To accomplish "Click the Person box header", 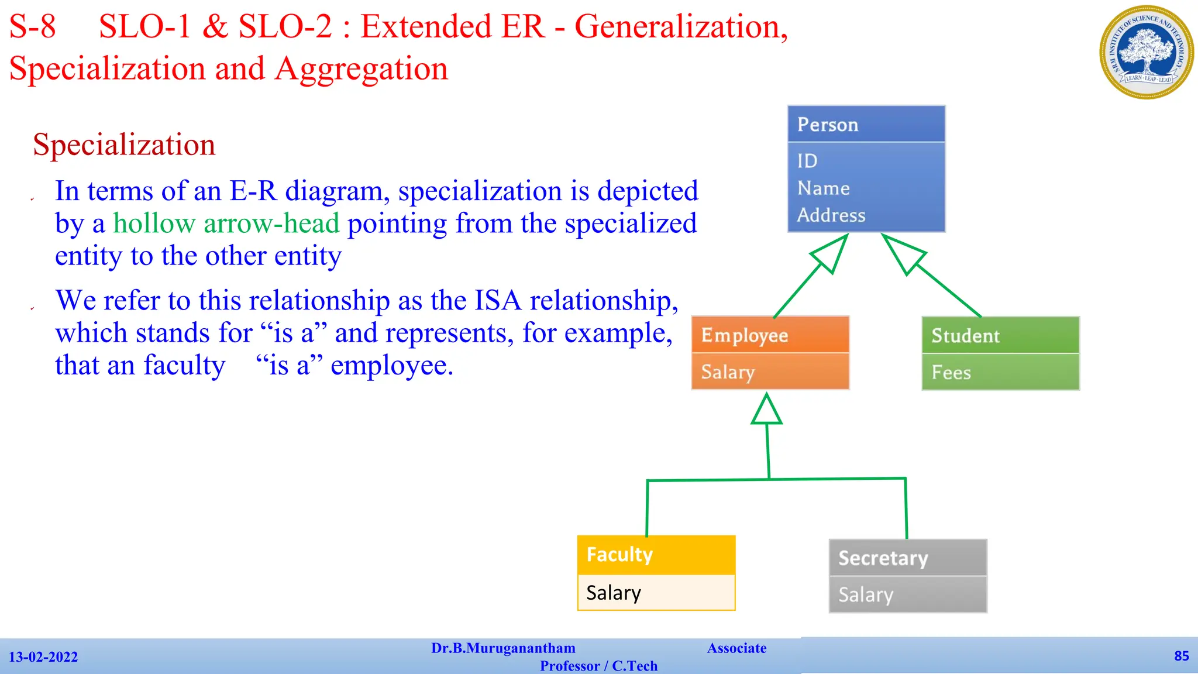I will (866, 124).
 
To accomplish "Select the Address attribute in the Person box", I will (831, 215).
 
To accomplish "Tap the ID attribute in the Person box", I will (807, 161).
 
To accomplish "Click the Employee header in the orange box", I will (770, 335).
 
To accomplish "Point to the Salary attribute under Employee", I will (728, 372).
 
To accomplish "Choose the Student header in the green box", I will (1000, 335).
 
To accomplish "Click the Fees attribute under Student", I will (951, 373).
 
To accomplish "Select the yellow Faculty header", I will (656, 554).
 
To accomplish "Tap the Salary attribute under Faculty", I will (614, 593).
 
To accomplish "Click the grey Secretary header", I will (907, 558).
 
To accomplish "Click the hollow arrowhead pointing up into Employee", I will (766, 410).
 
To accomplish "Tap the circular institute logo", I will (1147, 52).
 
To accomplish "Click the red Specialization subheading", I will (124, 145).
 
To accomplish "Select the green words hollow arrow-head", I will (226, 223).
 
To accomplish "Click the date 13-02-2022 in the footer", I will (43, 657).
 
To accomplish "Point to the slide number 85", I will (1181, 656).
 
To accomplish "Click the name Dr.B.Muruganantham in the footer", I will (503, 648).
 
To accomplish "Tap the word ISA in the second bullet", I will (497, 301).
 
